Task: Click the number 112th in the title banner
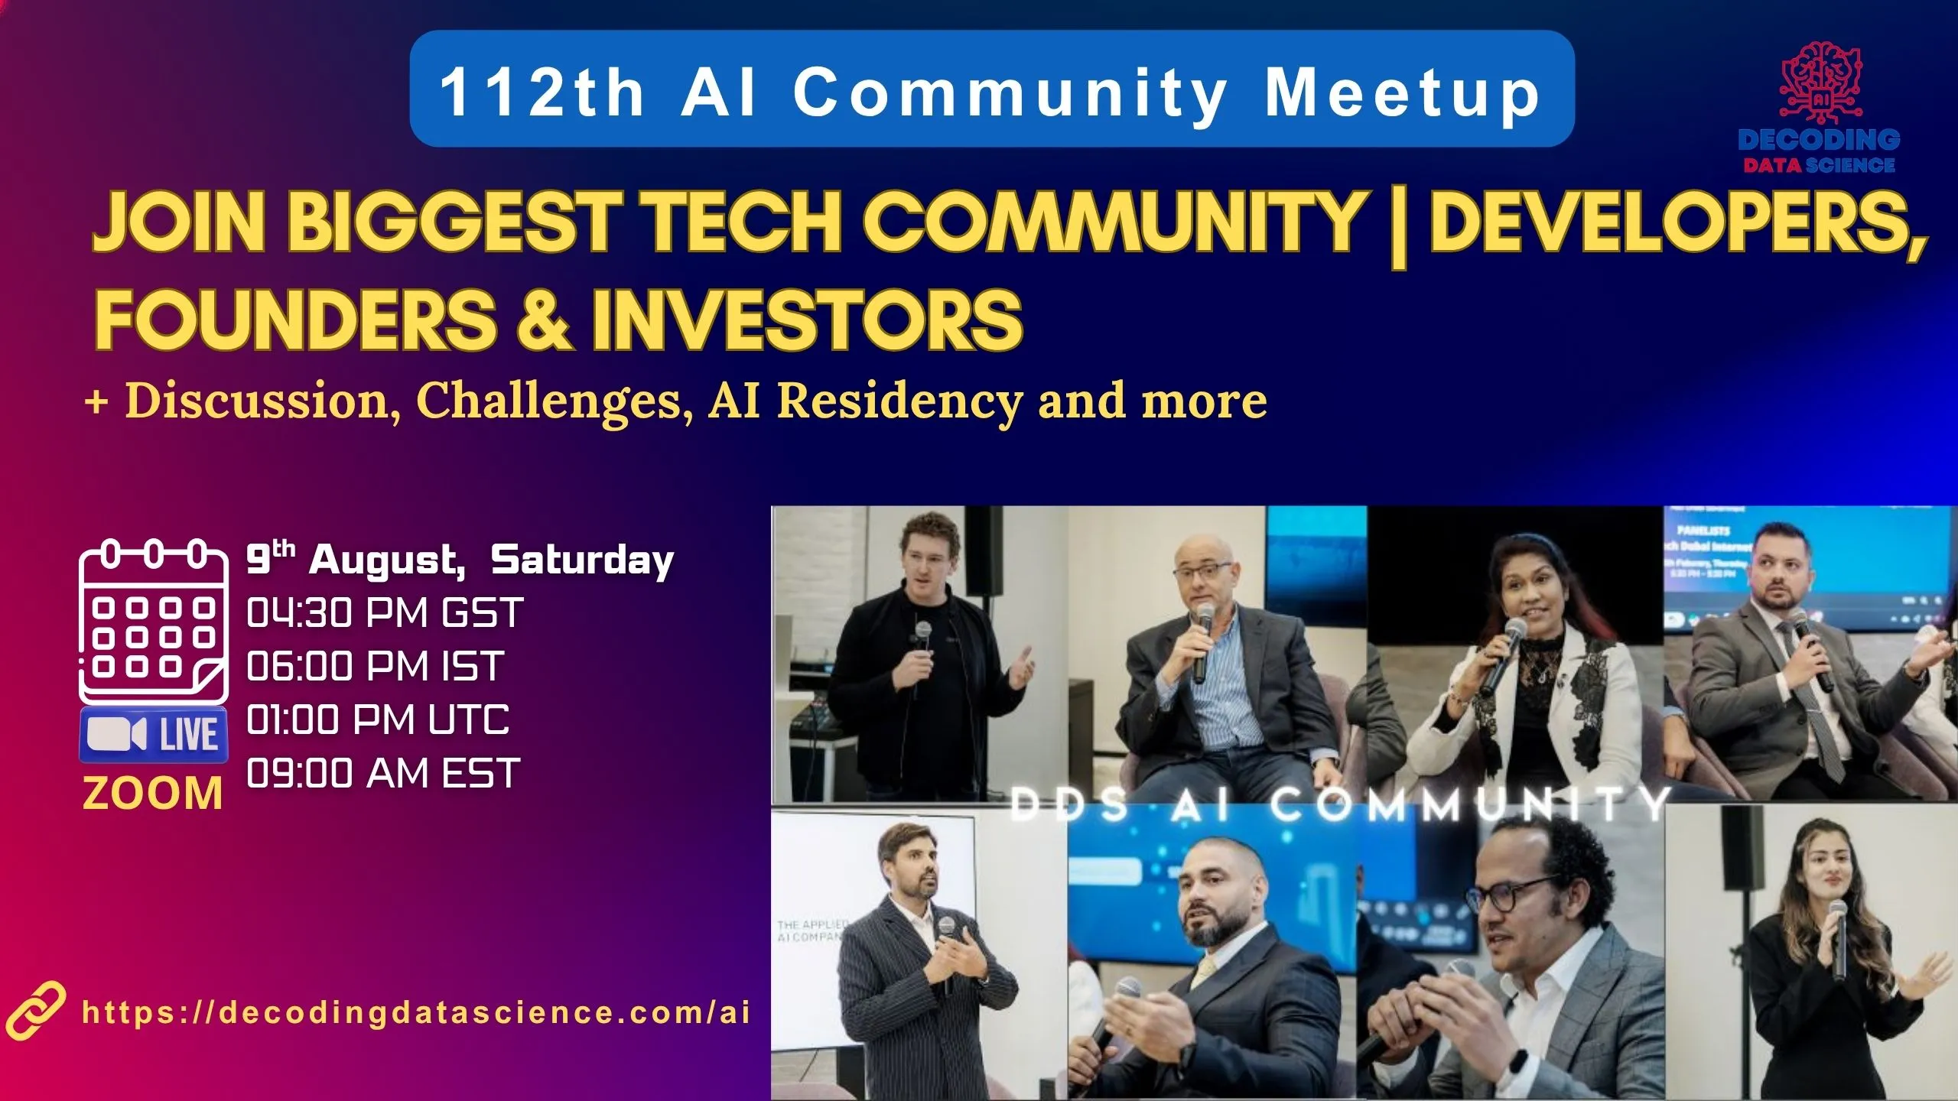coord(542,93)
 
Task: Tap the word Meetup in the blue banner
coord(1401,93)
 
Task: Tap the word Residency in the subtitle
coord(899,401)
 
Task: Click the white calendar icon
coord(154,621)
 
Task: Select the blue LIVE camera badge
coord(154,735)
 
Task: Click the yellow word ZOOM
coord(153,793)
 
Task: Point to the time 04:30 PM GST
coord(385,613)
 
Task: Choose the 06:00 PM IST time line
coord(375,666)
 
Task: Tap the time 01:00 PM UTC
coord(378,719)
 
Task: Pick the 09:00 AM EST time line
coord(383,773)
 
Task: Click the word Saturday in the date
coord(582,560)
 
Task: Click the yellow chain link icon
coord(34,1011)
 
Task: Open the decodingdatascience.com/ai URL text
coord(416,1012)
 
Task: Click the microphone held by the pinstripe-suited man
coord(946,929)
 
